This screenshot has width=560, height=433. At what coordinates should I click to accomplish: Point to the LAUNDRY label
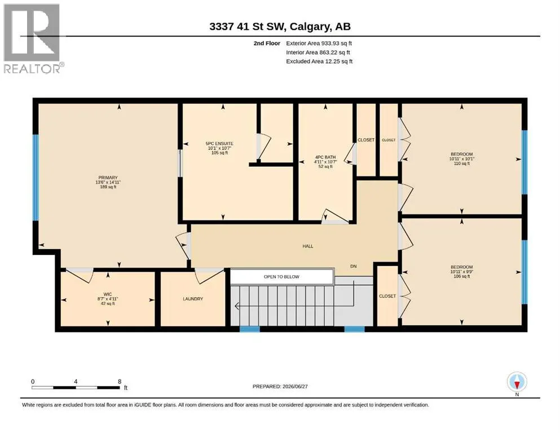193,299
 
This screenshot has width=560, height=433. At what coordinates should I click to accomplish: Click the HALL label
308,246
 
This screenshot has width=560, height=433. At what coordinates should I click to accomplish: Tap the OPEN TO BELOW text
281,277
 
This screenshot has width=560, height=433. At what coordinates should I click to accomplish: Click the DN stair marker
353,266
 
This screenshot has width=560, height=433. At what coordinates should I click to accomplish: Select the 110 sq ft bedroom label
462,159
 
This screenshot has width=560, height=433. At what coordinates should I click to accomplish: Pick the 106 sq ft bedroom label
462,272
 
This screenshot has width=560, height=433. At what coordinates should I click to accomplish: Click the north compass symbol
517,382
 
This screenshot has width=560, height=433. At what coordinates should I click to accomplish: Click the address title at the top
280,26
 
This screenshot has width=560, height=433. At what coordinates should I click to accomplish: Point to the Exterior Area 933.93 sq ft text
319,43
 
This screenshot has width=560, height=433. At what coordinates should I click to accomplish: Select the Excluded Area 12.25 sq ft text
319,61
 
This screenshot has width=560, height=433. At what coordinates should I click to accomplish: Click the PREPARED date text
280,386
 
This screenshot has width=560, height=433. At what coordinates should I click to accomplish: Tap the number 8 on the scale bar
120,381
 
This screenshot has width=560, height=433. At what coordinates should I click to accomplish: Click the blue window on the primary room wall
36,177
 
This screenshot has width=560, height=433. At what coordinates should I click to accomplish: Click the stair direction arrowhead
237,306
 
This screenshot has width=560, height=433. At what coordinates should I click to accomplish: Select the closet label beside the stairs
387,296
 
